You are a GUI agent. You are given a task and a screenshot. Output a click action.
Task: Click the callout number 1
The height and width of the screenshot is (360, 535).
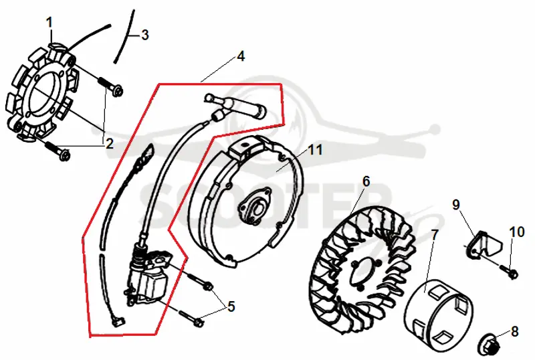click(49, 23)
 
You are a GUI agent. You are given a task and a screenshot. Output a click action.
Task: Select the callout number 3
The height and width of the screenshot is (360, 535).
click(145, 35)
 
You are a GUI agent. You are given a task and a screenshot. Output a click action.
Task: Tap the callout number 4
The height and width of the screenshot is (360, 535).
click(241, 56)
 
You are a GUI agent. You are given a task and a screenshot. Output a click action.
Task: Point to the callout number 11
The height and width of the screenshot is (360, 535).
click(315, 150)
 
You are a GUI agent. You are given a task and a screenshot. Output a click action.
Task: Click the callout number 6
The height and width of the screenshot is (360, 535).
click(366, 181)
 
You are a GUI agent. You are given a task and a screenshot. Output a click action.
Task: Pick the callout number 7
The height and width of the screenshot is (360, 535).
click(434, 235)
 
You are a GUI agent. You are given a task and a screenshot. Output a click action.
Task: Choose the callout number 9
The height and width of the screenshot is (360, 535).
click(456, 204)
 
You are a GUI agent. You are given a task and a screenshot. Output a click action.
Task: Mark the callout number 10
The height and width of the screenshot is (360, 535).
click(517, 232)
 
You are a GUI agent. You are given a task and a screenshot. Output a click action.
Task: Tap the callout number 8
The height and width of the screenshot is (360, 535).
click(514, 331)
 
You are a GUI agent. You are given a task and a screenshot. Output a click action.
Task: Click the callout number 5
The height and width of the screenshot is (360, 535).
click(231, 306)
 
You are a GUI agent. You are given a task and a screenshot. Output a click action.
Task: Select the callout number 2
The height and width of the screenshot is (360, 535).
click(109, 144)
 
